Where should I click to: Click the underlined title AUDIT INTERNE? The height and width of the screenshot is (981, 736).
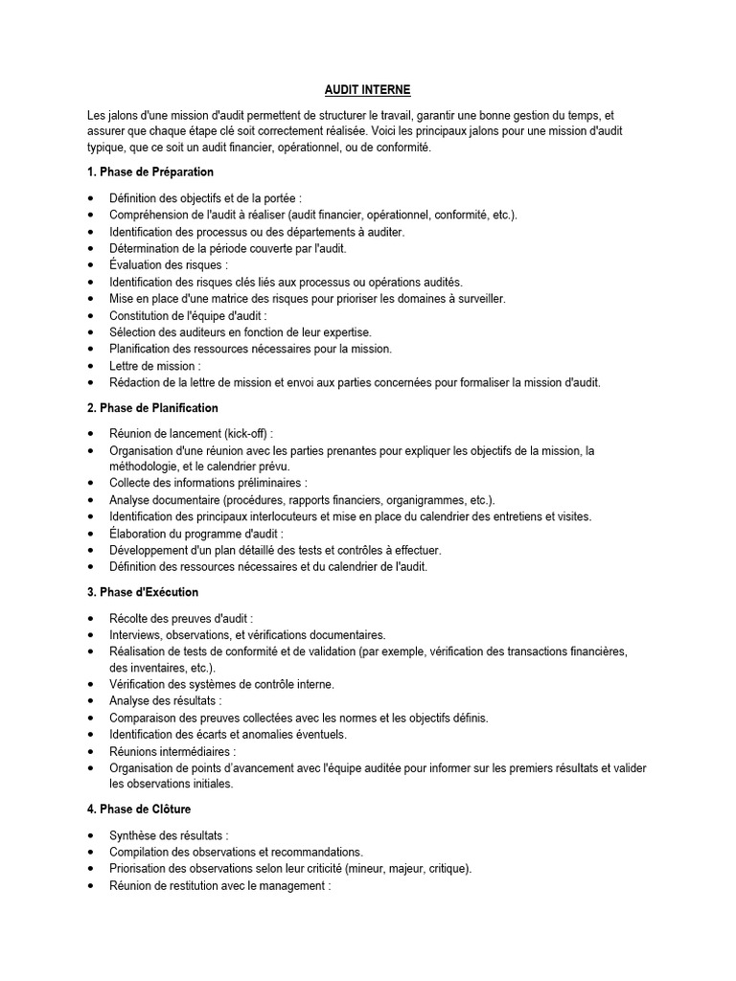367,89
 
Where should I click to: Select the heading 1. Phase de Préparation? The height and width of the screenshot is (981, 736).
149,171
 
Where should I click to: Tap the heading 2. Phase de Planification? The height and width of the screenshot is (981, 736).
152,407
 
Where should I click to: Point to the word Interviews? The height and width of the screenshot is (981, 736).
135,634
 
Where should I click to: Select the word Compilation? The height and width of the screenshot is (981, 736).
142,851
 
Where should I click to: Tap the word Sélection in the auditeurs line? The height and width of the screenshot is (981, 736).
133,331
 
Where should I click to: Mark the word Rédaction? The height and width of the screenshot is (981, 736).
136,382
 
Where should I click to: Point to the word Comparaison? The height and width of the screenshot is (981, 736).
148,718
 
